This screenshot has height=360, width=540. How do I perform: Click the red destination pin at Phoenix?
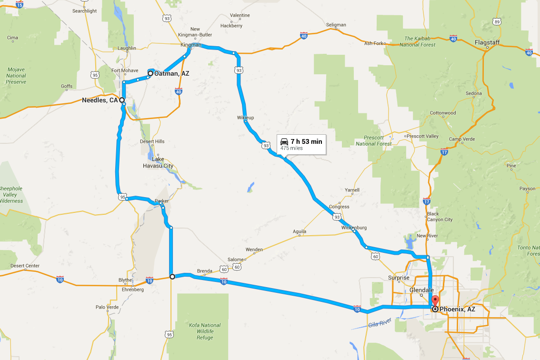(435, 301)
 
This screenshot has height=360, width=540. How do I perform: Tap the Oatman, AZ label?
(172, 74)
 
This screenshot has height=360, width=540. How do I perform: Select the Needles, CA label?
(100, 100)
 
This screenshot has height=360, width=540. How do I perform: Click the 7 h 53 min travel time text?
(306, 141)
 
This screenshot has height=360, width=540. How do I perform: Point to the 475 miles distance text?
(291, 148)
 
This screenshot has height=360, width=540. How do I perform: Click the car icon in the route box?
(284, 141)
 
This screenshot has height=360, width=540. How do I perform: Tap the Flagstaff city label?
(487, 43)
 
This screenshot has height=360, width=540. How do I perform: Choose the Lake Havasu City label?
(158, 163)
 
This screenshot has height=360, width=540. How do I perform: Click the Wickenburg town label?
(354, 228)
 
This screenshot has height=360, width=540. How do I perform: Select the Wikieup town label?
(246, 117)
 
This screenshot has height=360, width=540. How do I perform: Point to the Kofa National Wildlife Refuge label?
(204, 331)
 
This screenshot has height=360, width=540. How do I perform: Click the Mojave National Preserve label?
(16, 76)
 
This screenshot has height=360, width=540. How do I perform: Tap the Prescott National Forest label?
(374, 140)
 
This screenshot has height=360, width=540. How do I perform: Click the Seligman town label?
(336, 25)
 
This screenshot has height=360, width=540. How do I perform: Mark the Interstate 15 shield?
(20, 5)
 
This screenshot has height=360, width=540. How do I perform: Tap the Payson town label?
(528, 189)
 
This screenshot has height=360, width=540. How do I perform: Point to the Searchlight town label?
(84, 11)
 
